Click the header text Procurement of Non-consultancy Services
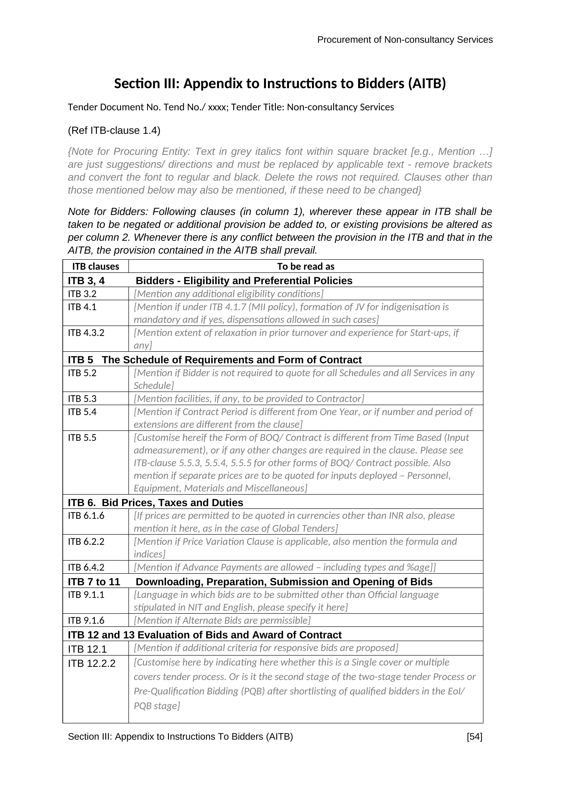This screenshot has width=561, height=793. [x=405, y=40]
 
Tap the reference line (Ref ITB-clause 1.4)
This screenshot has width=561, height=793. [x=114, y=131]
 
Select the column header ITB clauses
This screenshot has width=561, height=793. [x=95, y=266]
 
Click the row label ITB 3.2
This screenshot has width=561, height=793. [x=82, y=294]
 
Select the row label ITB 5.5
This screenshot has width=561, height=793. [x=82, y=438]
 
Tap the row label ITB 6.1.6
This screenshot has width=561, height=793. [x=86, y=516]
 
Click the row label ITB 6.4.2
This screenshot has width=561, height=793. [x=86, y=567]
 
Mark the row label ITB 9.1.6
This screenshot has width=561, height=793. [x=86, y=621]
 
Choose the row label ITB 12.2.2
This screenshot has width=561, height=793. [x=92, y=663]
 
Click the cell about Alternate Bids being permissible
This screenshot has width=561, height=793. [x=222, y=621]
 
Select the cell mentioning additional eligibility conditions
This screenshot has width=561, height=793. [x=228, y=294]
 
